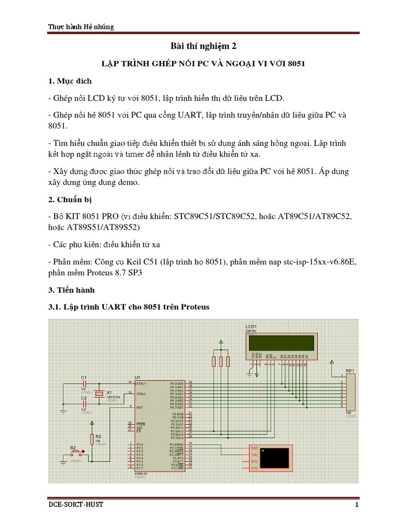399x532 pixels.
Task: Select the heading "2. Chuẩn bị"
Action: (70, 199)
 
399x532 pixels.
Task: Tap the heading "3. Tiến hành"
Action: (72, 289)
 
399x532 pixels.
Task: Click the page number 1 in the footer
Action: (357, 505)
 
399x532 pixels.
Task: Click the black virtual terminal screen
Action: (276, 458)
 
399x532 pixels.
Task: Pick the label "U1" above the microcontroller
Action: (137, 377)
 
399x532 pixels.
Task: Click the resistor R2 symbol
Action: (92, 439)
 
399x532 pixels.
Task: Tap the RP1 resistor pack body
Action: (351, 393)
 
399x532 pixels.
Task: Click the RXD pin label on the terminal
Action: (254, 447)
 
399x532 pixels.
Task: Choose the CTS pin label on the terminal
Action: (254, 468)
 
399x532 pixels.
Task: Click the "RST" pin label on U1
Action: (139, 408)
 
